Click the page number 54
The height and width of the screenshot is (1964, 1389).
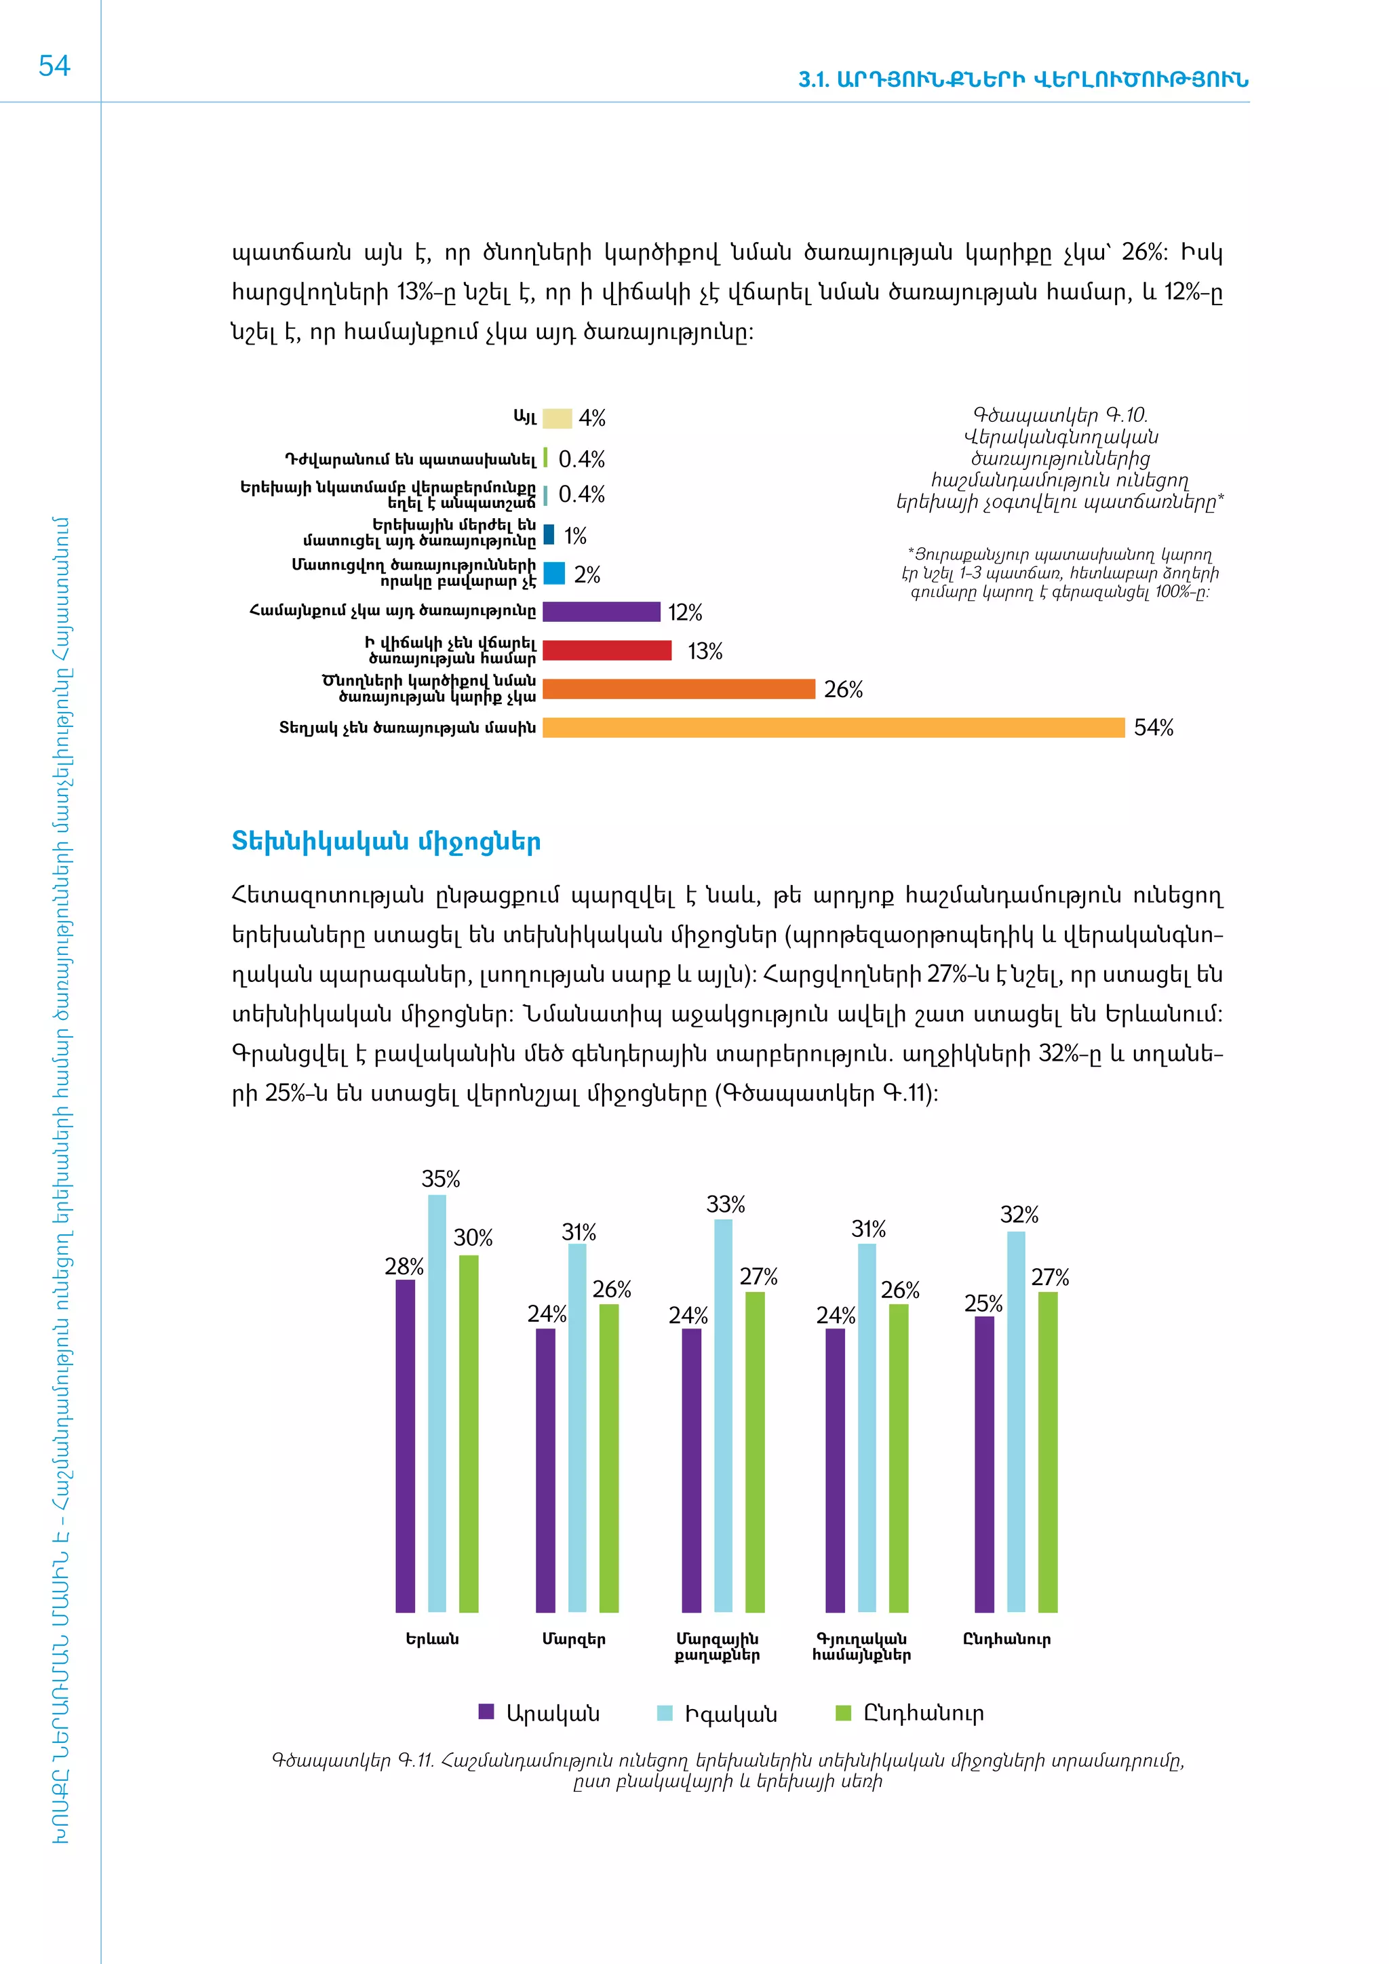(x=54, y=66)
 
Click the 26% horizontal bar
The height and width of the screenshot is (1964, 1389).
(x=678, y=688)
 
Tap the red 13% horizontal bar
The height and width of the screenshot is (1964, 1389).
(x=606, y=650)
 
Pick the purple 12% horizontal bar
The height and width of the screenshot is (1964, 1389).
(x=602, y=612)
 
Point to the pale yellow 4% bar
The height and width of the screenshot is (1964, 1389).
(x=557, y=418)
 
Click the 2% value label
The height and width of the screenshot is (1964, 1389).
(x=587, y=575)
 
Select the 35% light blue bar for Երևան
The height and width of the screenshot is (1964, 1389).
(x=437, y=1403)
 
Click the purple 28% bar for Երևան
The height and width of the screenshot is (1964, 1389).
(x=406, y=1446)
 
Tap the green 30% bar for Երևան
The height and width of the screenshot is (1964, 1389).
(x=469, y=1433)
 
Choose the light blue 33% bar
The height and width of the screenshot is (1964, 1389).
(x=724, y=1415)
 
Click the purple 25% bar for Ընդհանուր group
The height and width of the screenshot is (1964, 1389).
(x=985, y=1464)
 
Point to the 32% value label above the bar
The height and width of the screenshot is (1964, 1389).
(x=1019, y=1215)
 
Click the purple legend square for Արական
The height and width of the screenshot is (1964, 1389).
(x=486, y=1712)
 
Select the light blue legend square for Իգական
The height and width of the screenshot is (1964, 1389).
(x=665, y=1712)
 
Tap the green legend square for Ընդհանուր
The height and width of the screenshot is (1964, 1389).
(x=843, y=1712)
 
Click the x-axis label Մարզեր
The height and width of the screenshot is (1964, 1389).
(x=574, y=1639)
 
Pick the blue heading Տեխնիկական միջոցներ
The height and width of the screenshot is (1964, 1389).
(x=386, y=842)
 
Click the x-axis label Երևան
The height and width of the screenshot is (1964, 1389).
(x=432, y=1639)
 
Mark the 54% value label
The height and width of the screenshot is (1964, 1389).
(x=1153, y=728)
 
